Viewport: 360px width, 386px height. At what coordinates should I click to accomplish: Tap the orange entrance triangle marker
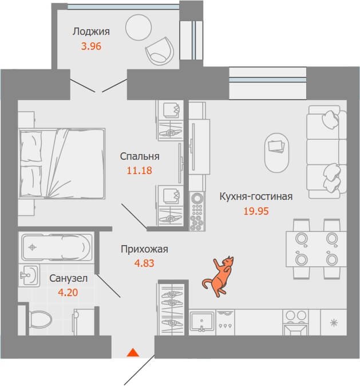(x=133, y=353)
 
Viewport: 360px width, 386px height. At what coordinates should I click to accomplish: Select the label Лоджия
(x=92, y=31)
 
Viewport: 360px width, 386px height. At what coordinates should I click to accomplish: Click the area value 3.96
(x=92, y=46)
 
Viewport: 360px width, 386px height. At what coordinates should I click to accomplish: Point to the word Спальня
(x=140, y=156)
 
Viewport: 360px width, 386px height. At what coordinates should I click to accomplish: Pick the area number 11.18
(x=139, y=170)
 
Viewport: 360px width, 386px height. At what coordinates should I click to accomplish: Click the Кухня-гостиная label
(x=256, y=196)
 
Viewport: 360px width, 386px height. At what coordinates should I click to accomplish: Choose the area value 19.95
(x=256, y=211)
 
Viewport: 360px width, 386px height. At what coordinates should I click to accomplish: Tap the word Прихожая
(x=144, y=249)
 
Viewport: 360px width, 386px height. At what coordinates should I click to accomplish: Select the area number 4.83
(x=144, y=263)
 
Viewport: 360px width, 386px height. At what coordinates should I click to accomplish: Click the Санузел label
(x=69, y=278)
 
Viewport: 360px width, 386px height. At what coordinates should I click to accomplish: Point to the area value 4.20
(x=68, y=293)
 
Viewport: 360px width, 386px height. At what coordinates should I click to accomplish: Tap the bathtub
(x=57, y=247)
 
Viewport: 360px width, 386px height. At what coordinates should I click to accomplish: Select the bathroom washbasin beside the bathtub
(x=29, y=275)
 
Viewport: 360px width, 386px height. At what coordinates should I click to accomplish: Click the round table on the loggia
(x=139, y=27)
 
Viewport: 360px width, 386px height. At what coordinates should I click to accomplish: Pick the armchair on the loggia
(x=160, y=51)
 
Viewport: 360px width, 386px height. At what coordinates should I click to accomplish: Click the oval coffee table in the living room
(x=276, y=153)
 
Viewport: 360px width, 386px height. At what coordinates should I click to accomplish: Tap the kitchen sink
(x=202, y=322)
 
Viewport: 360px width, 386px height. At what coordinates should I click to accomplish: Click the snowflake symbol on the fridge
(x=334, y=322)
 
